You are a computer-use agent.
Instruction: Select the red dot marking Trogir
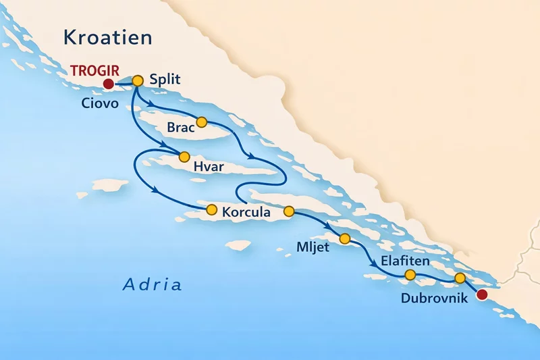[x=107, y=84]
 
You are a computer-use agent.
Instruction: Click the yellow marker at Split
[x=138, y=80]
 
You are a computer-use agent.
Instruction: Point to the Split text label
[x=164, y=80]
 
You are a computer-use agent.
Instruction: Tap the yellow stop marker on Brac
[x=200, y=122]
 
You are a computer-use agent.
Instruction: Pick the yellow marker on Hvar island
[x=183, y=157]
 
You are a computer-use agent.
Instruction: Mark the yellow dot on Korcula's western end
[x=211, y=209]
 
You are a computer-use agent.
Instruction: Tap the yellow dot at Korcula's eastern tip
[x=289, y=211]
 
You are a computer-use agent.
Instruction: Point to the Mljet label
[x=313, y=247]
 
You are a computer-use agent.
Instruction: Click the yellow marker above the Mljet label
[x=345, y=238]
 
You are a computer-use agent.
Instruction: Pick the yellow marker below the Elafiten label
[x=410, y=274]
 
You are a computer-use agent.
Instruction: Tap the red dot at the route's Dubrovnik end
[x=481, y=294]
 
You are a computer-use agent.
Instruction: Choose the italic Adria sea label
[x=152, y=284]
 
